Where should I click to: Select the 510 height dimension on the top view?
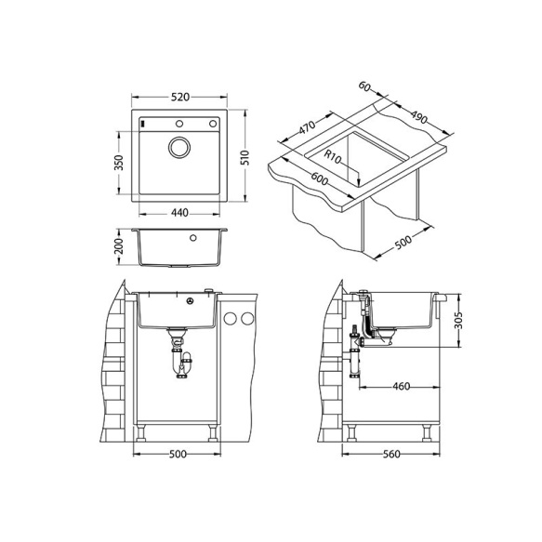(245, 157)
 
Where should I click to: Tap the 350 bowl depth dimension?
(118, 162)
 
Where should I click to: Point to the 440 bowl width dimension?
(180, 214)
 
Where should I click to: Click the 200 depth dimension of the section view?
(118, 247)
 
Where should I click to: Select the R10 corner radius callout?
(334, 159)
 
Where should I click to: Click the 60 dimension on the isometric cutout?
(364, 87)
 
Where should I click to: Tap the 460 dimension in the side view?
(402, 386)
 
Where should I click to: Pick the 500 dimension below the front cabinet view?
(178, 454)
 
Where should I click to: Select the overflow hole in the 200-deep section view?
(192, 238)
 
